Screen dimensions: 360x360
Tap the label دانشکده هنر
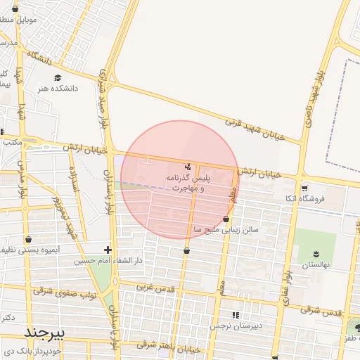[x=58, y=89]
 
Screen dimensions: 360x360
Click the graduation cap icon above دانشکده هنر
[x=58, y=77]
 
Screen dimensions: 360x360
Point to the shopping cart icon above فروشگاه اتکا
[x=304, y=188]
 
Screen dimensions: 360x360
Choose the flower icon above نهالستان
[x=314, y=253]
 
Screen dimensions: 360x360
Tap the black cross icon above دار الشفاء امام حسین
[x=107, y=249]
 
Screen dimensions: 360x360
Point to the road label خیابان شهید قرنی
[x=254, y=128]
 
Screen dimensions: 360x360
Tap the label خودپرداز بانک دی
[x=32, y=349]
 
